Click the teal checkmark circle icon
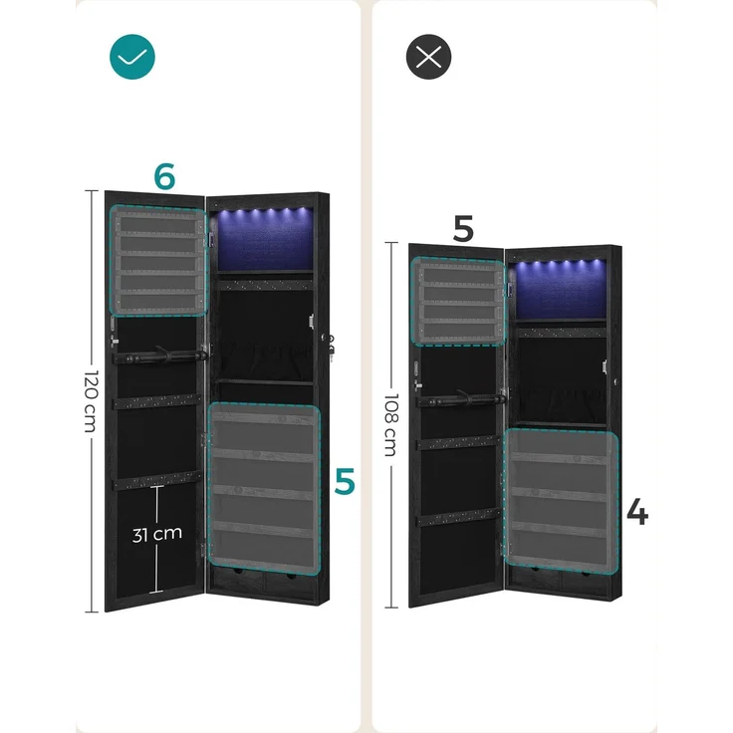click(x=132, y=57)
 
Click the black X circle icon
click(x=428, y=57)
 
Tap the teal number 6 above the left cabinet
click(x=164, y=176)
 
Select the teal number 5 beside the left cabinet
click(x=345, y=481)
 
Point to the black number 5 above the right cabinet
click(x=463, y=229)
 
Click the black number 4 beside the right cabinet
click(x=637, y=512)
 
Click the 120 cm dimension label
click(x=92, y=401)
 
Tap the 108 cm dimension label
click(x=390, y=424)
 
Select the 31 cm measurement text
click(x=157, y=535)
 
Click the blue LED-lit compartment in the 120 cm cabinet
click(x=265, y=239)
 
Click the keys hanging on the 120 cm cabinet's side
click(x=332, y=349)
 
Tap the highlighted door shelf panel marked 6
click(x=158, y=261)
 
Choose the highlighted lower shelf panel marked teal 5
click(x=265, y=489)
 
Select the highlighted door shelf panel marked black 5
click(x=458, y=302)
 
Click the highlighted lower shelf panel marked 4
click(x=561, y=501)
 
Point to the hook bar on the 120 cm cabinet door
click(x=160, y=356)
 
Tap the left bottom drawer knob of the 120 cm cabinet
click(x=238, y=572)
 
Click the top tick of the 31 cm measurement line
click(x=157, y=487)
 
